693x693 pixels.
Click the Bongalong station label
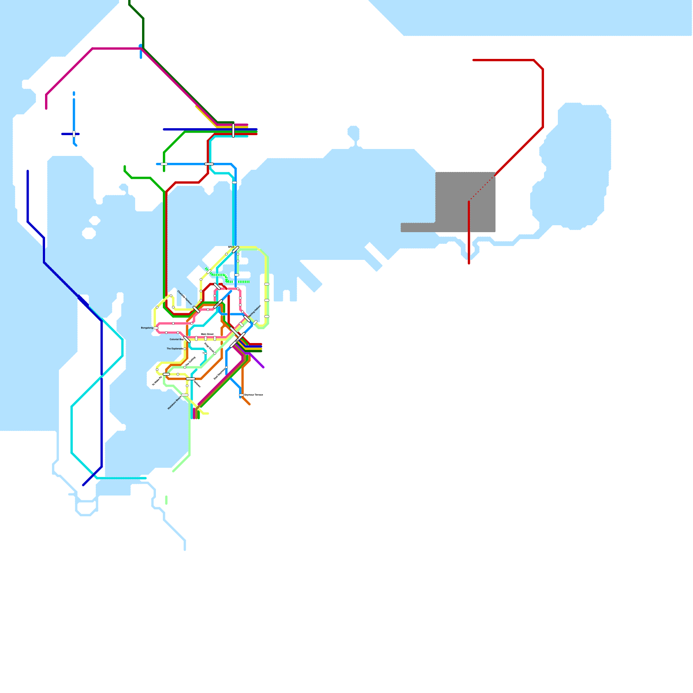point(147,328)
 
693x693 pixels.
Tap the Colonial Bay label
point(176,339)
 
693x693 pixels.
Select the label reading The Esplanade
point(175,349)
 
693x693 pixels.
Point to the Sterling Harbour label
point(256,313)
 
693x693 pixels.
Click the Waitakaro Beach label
point(174,403)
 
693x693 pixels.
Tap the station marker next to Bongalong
point(156,328)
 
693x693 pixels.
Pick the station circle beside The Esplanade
point(185,349)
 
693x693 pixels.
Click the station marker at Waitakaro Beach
point(185,395)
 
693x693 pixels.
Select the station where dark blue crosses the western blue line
point(74,134)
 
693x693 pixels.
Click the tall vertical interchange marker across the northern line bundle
point(233,130)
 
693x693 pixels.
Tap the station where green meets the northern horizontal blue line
point(164,164)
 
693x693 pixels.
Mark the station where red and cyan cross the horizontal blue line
point(209,164)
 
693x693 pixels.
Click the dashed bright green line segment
point(244,282)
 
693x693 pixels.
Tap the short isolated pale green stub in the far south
point(166,500)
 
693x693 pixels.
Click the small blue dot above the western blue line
point(74,93)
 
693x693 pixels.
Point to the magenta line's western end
point(46,108)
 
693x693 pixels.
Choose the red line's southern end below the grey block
point(469,262)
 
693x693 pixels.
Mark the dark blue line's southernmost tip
point(83,485)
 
